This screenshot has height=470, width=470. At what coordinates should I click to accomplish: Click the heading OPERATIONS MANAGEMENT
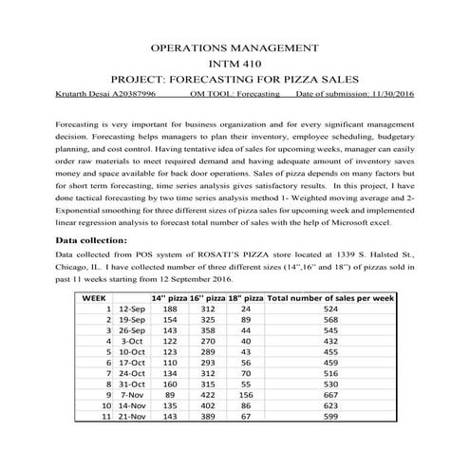pyautogui.click(x=235, y=47)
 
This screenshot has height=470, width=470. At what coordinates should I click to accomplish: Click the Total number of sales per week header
pyautogui.click(x=329, y=297)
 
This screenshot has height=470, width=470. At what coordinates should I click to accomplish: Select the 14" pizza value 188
pyautogui.click(x=171, y=310)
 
